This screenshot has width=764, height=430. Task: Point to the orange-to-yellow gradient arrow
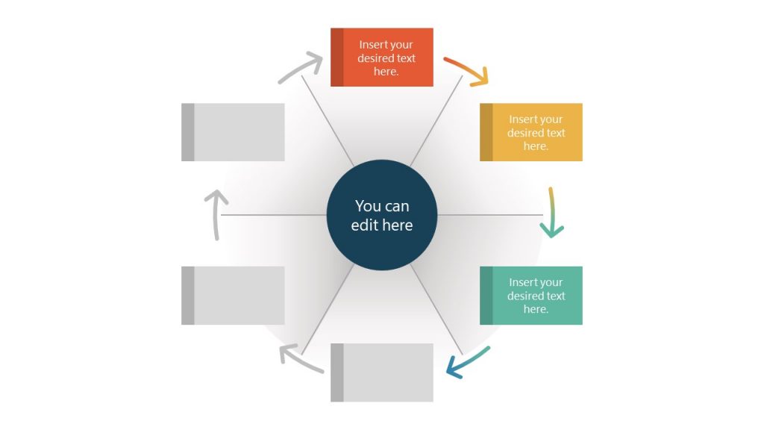click(x=467, y=70)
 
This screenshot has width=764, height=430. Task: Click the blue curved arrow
click(x=467, y=363)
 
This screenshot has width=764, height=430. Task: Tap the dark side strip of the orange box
click(x=337, y=57)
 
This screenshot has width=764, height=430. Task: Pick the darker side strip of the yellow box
click(x=486, y=132)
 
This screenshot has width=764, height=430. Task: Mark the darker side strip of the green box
click(x=486, y=296)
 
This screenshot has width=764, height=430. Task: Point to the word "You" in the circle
click(x=368, y=206)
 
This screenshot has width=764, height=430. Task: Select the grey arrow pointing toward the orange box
click(x=300, y=68)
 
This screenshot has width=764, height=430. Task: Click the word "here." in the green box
click(x=536, y=309)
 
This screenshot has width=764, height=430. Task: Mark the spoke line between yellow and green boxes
click(x=489, y=215)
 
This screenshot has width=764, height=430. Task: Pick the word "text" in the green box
click(x=556, y=296)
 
